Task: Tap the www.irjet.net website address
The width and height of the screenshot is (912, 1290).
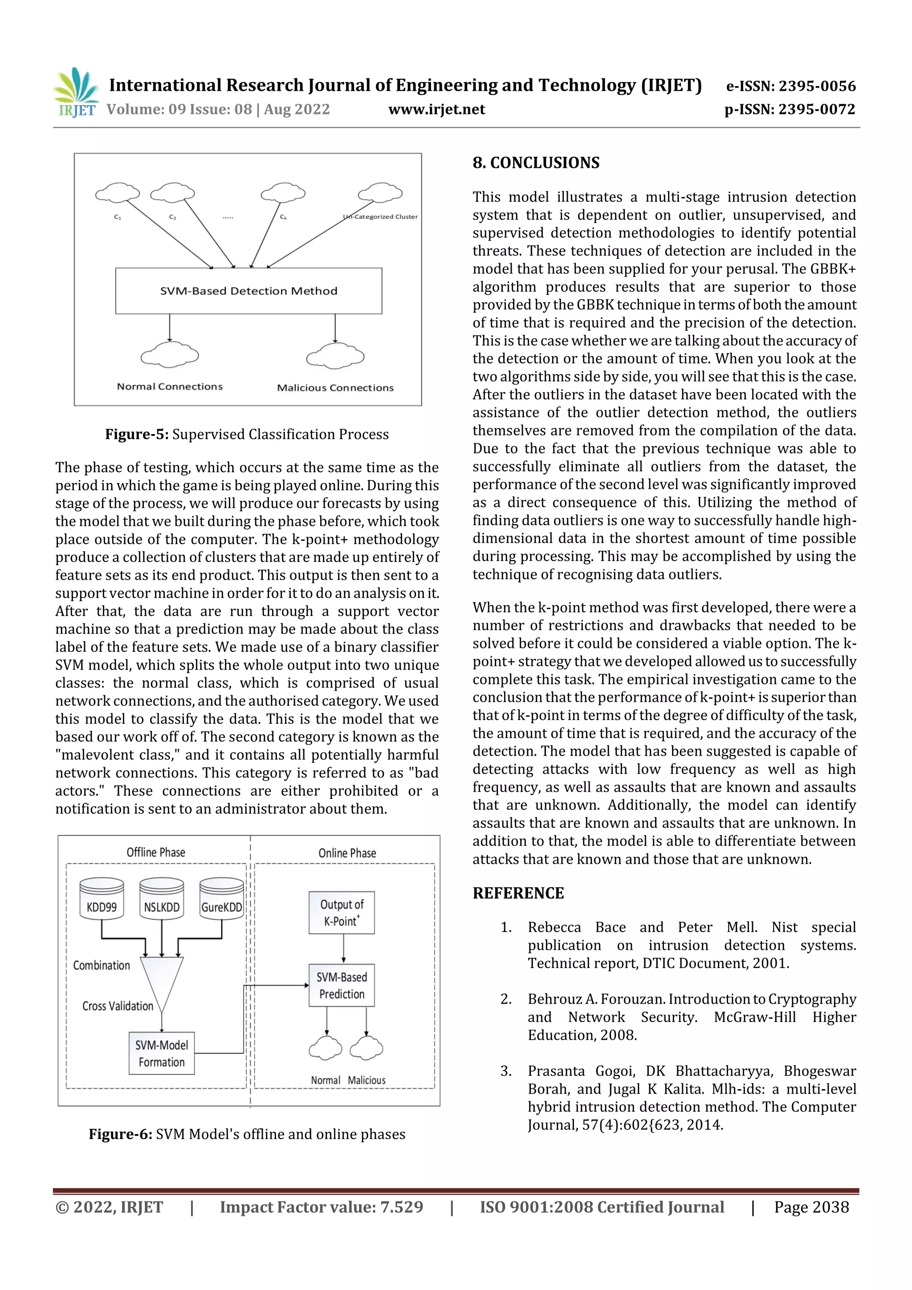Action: tap(436, 110)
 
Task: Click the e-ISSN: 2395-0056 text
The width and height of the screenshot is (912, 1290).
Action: tap(790, 86)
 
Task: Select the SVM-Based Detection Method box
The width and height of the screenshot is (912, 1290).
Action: tap(248, 290)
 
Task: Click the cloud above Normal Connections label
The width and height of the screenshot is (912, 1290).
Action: tap(169, 355)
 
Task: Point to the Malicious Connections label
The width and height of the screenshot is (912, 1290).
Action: tap(335, 388)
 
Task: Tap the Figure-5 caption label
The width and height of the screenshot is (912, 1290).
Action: tap(137, 434)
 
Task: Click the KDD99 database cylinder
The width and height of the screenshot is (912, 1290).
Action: tap(102, 899)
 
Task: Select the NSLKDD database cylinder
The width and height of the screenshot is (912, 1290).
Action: tap(161, 899)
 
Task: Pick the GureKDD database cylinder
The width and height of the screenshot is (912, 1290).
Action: tap(221, 899)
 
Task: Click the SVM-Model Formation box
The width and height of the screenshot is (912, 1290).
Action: tap(161, 1054)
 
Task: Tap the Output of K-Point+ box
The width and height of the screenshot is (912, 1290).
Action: tap(342, 912)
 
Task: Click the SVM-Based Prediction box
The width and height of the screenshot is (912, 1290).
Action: tap(342, 985)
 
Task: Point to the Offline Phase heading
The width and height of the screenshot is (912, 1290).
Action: tap(156, 852)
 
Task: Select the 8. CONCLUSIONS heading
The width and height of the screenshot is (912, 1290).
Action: tap(536, 163)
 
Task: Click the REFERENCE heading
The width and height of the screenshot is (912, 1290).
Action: tap(517, 893)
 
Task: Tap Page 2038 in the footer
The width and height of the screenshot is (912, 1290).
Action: tap(811, 1207)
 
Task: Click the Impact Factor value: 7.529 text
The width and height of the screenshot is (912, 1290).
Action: tap(321, 1207)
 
